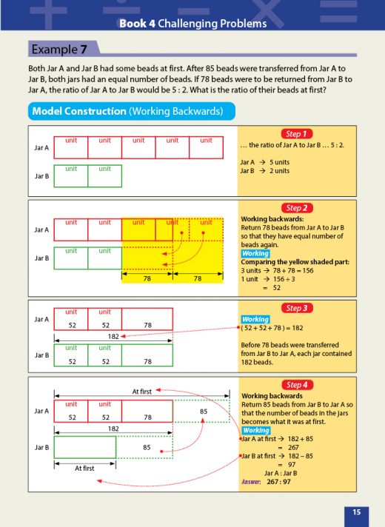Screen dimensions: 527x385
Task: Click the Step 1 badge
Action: pyautogui.click(x=295, y=134)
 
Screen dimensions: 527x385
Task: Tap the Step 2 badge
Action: pyautogui.click(x=295, y=208)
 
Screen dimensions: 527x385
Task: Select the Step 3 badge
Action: pyautogui.click(x=295, y=308)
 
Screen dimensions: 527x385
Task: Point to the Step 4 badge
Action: pyautogui.click(x=295, y=385)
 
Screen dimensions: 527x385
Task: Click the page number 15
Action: pyautogui.click(x=356, y=511)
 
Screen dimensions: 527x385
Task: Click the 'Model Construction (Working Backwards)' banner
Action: pyautogui.click(x=131, y=111)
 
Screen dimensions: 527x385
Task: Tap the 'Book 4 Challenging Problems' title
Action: pyautogui.click(x=192, y=24)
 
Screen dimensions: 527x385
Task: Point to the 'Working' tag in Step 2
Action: pyautogui.click(x=255, y=254)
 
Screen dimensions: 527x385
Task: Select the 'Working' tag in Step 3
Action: pyautogui.click(x=255, y=320)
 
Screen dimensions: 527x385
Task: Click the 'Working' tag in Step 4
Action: pyautogui.click(x=255, y=430)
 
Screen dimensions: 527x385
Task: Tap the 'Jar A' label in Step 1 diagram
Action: pyautogui.click(x=42, y=148)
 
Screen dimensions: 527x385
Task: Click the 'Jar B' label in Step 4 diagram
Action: pyautogui.click(x=42, y=447)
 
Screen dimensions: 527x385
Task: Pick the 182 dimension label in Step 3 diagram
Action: pyautogui.click(x=113, y=335)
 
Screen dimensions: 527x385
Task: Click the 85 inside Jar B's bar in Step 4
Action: pyautogui.click(x=147, y=447)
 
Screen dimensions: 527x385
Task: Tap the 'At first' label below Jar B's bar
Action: pyautogui.click(x=84, y=468)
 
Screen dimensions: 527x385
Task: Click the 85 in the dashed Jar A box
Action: pyautogui.click(x=204, y=411)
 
